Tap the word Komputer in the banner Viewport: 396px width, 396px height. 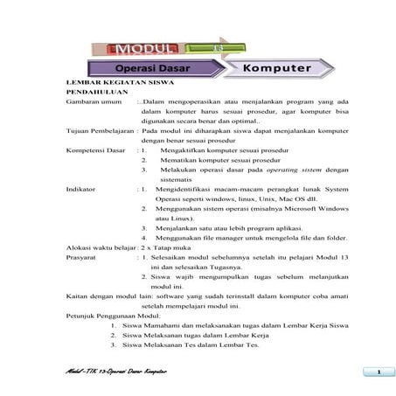(x=278, y=66)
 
